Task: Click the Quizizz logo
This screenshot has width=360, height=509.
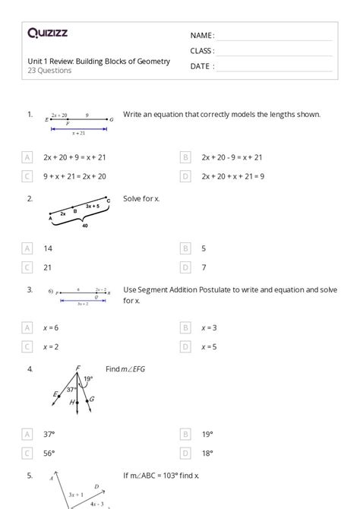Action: tap(49, 33)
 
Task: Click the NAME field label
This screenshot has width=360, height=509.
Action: tap(202, 35)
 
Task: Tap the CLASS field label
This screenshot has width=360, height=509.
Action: tap(202, 51)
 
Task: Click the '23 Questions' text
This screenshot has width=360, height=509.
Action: tap(49, 71)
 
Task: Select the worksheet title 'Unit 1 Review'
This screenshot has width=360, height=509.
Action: tap(99, 61)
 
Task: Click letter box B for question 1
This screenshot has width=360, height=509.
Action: tap(185, 157)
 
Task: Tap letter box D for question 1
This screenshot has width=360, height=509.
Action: tap(185, 176)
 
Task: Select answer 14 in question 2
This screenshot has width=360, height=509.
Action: tap(48, 248)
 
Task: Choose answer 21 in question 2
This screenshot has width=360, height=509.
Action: tap(48, 267)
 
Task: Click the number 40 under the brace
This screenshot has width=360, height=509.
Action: tap(84, 226)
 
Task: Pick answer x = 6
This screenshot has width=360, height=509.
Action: tap(51, 327)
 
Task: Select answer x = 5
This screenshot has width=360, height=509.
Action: tap(209, 346)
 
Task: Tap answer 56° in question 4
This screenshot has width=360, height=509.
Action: tap(49, 453)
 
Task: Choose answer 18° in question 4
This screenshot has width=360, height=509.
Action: tap(207, 453)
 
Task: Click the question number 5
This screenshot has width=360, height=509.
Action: tap(30, 476)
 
